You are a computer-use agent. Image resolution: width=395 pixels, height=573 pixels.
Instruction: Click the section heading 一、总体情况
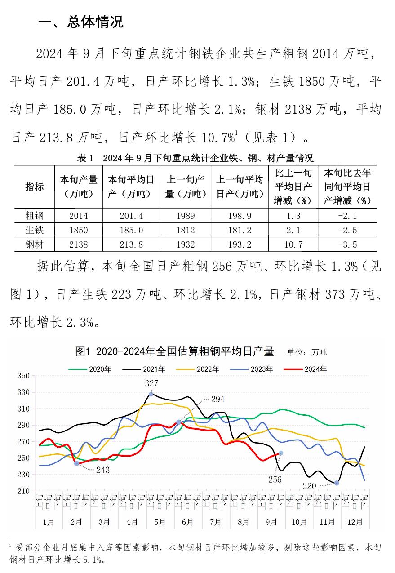(x=81, y=21)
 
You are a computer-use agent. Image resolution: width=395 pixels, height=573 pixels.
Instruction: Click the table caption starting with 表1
(x=195, y=158)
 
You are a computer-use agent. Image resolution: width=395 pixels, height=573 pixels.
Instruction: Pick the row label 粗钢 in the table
(x=34, y=216)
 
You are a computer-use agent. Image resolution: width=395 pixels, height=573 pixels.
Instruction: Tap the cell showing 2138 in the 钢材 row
(x=79, y=244)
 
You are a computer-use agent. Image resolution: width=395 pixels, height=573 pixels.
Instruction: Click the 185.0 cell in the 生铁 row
(x=131, y=230)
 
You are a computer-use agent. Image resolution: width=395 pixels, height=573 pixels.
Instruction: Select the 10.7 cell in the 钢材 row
(x=293, y=244)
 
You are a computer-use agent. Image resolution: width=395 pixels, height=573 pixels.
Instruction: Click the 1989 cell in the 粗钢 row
(x=186, y=216)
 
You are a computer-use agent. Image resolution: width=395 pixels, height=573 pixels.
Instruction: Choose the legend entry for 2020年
(x=90, y=369)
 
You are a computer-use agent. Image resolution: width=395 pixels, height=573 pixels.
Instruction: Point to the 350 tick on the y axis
(x=23, y=376)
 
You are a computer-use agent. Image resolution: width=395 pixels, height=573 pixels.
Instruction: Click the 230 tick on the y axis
(x=23, y=475)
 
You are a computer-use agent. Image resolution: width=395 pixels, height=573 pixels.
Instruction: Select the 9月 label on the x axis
(x=271, y=522)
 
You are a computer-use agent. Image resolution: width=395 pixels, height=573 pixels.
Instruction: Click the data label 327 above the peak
(x=151, y=383)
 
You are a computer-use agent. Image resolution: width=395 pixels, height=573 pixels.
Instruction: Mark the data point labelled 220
(x=337, y=483)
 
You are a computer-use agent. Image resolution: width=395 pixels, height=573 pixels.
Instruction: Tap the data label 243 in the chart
(x=102, y=470)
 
